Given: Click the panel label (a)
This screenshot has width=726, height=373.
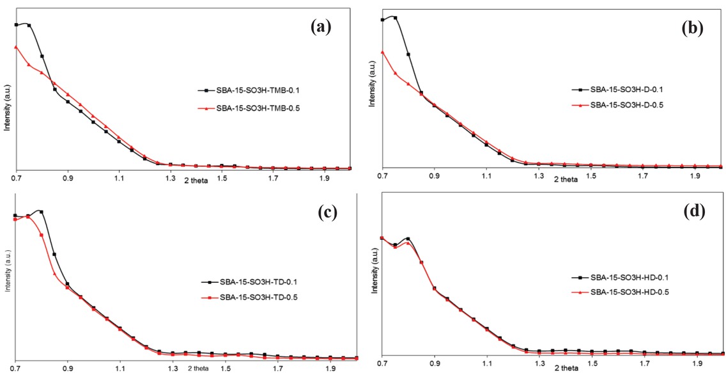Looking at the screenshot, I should coord(320,26).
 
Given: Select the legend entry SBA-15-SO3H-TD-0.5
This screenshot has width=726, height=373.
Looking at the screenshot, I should coord(258,297).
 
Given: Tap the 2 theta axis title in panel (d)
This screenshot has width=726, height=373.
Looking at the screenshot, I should coord(566,369).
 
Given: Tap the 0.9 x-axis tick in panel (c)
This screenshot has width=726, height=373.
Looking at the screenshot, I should coord(67,369).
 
